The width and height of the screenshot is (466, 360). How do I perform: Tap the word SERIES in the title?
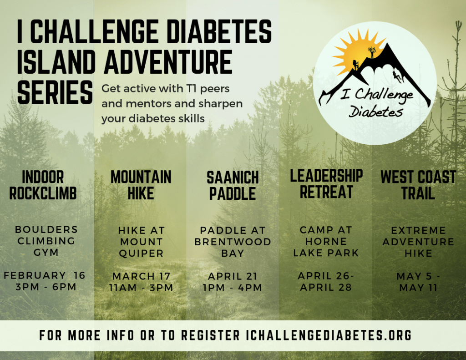pos(55,92)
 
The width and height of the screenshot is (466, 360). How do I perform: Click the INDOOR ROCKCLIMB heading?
pos(43,185)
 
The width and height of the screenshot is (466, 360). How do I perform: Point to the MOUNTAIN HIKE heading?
pos(141,185)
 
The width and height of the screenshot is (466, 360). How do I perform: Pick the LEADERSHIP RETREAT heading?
pos(326,184)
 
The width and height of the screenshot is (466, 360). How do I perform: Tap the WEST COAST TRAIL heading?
pos(418,185)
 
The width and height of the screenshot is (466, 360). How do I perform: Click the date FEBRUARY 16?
pos(45,275)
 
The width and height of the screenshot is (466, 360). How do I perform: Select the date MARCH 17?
pos(141,276)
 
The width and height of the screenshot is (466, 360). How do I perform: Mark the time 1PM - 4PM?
pos(233,288)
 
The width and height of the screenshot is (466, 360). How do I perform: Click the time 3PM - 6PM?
pos(46,287)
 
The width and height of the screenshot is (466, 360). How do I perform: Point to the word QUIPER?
pos(141,254)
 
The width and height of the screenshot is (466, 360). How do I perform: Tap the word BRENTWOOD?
pos(233,242)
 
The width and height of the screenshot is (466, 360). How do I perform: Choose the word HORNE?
pos(326,241)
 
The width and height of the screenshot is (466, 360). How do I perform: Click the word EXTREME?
pos(419,230)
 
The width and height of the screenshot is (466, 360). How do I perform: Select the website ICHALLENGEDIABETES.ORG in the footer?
pos(329,335)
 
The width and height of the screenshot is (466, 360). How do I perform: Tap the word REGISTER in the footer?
pos(210,335)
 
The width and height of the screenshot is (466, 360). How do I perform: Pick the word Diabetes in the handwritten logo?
pos(375,112)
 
